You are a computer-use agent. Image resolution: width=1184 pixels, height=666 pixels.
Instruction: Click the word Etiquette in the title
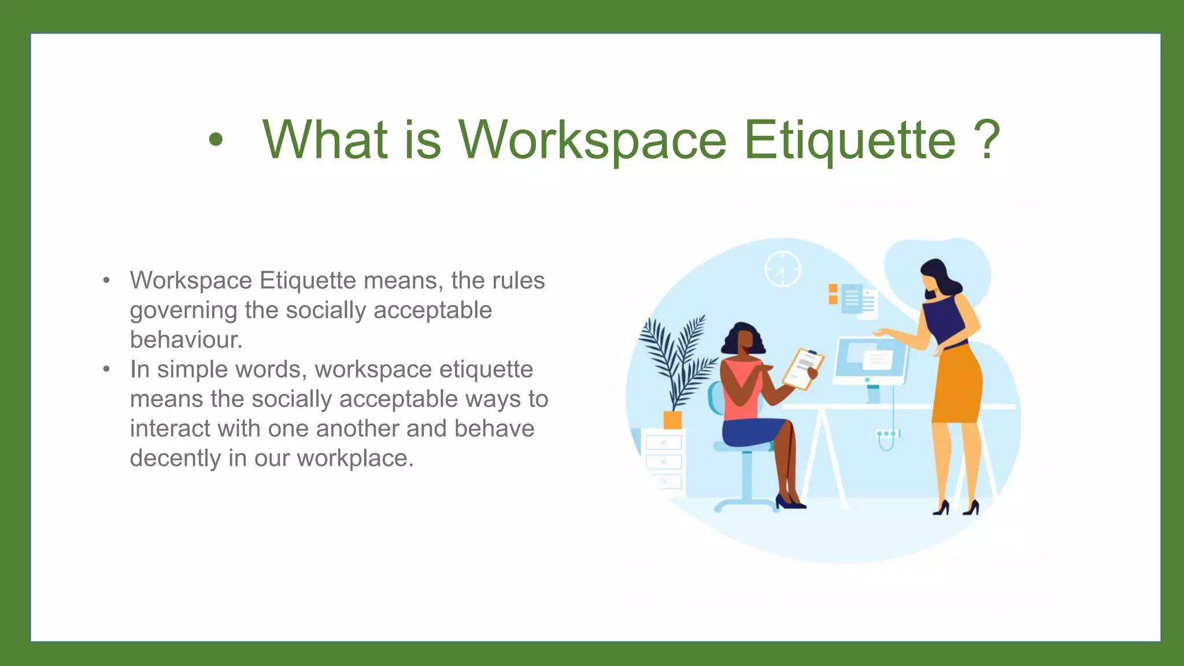pyautogui.click(x=849, y=140)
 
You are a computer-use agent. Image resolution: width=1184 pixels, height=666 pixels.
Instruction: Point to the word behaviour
pyautogui.click(x=185, y=340)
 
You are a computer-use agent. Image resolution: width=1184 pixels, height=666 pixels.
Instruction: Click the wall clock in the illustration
pyautogui.click(x=783, y=269)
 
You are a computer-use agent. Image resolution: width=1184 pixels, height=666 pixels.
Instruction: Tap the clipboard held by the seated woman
pyautogui.click(x=803, y=368)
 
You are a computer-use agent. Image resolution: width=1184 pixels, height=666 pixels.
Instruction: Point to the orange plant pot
pyautogui.click(x=672, y=419)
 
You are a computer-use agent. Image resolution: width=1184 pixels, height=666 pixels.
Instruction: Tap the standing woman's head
pyautogui.click(x=935, y=277)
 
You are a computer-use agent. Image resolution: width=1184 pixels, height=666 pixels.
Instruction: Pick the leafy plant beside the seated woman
pyautogui.click(x=676, y=358)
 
